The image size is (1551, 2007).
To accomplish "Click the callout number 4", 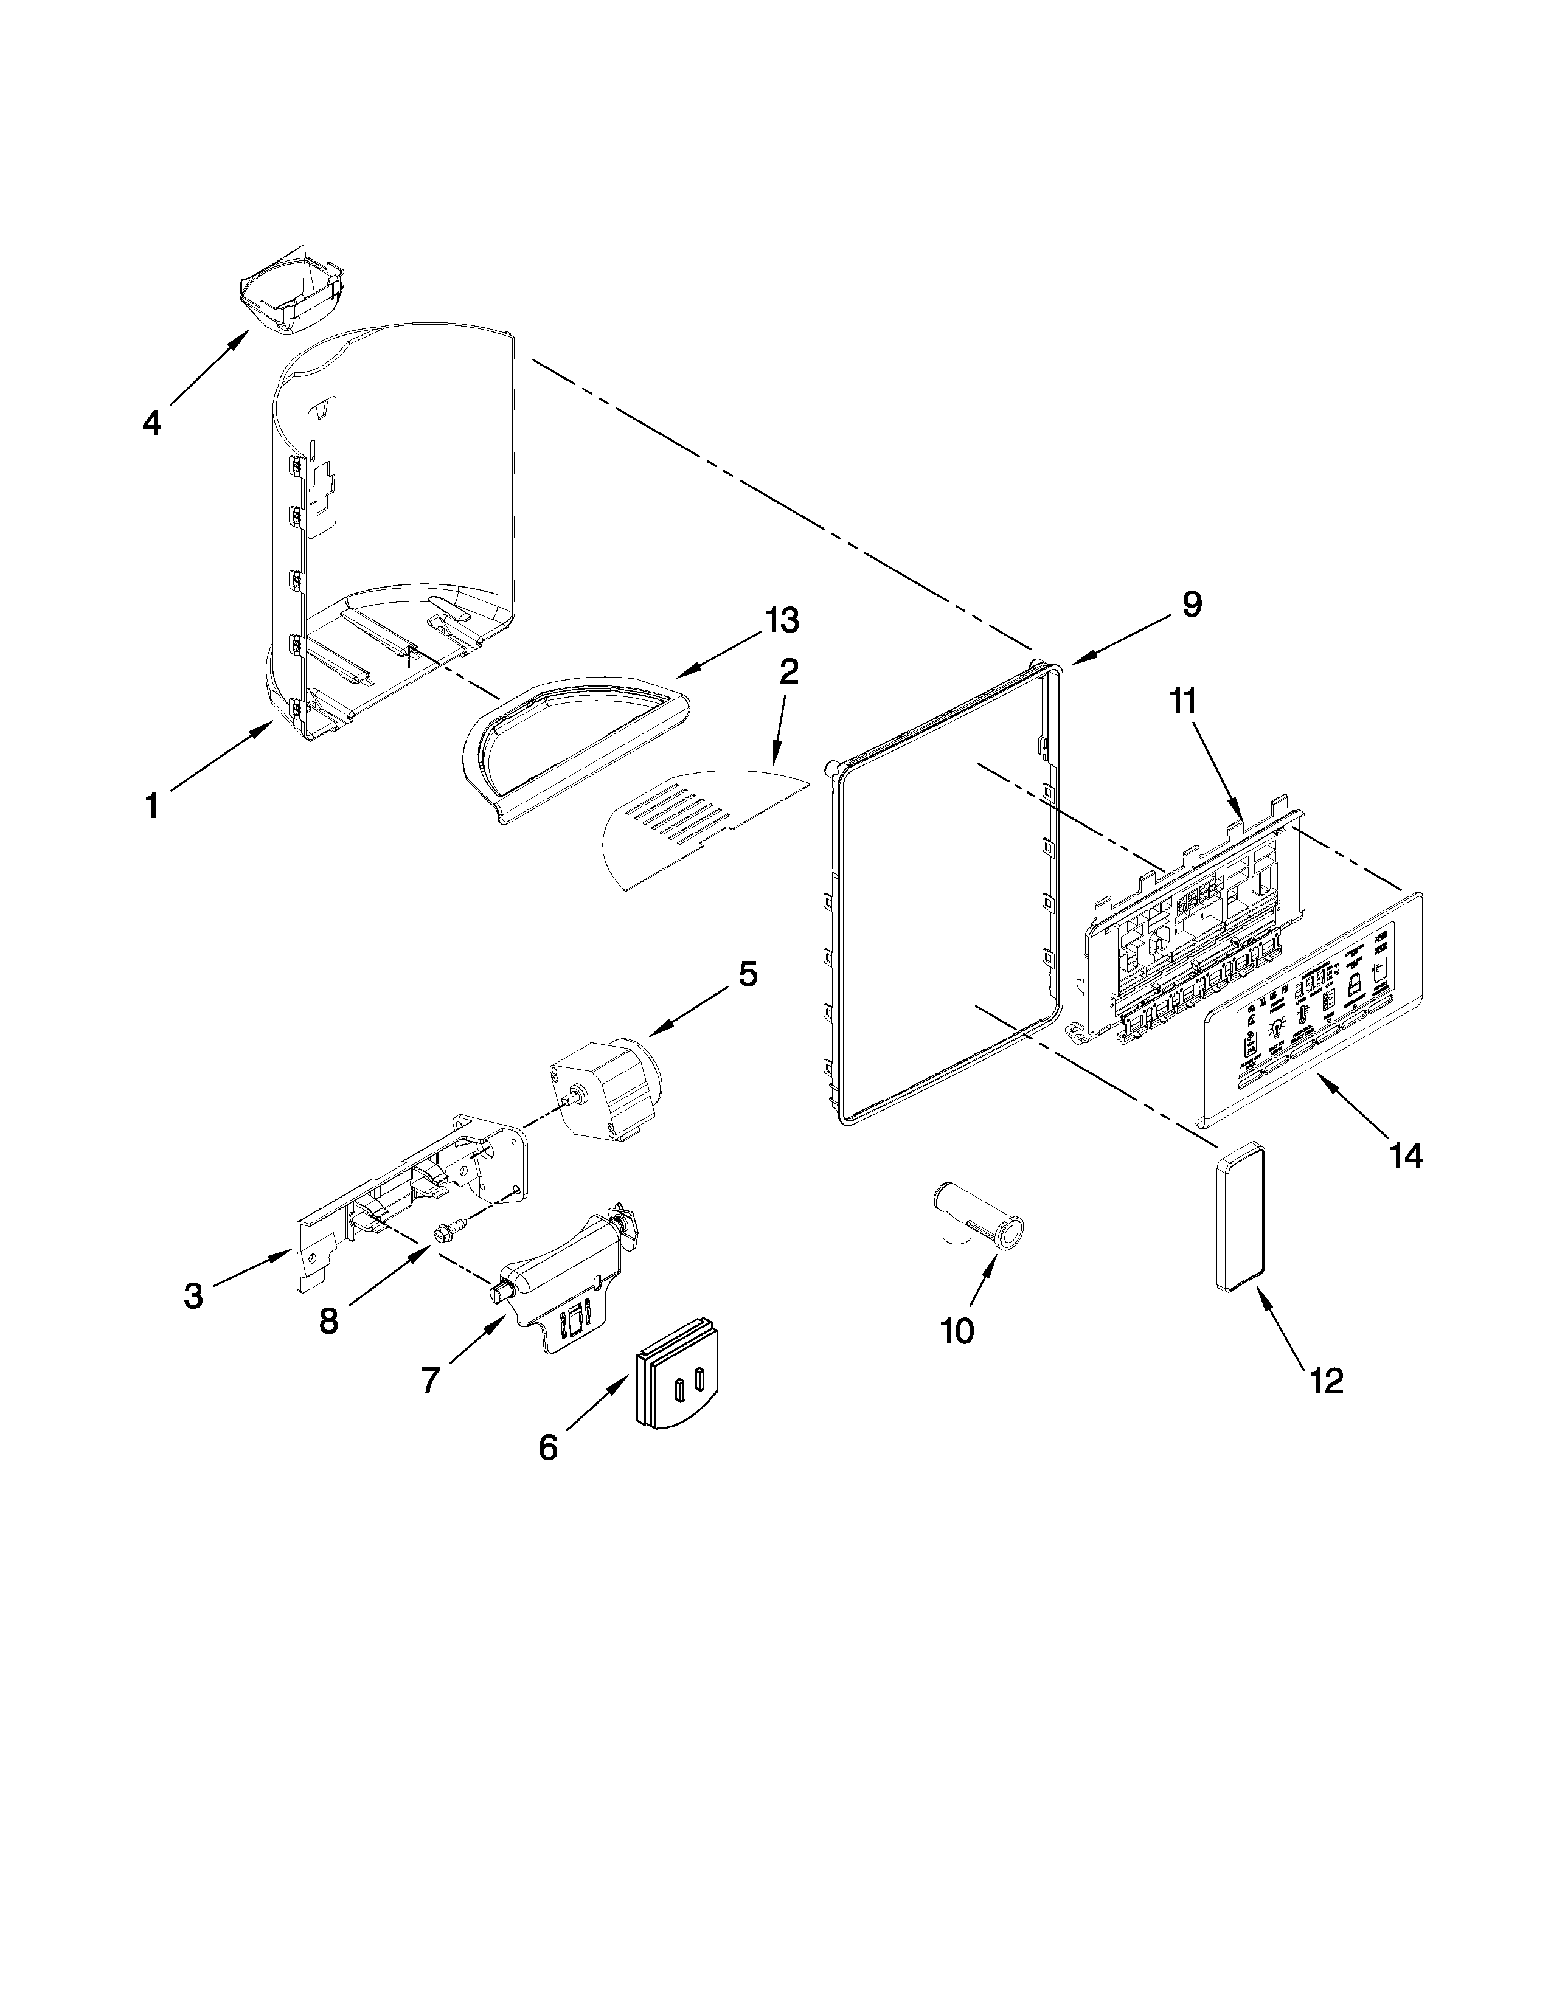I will (151, 423).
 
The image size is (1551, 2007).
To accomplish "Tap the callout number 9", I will (1191, 605).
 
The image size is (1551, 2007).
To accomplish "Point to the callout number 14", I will (1406, 1155).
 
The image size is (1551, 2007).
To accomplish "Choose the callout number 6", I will (547, 1448).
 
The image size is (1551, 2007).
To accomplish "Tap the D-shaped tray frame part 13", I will (570, 735).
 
